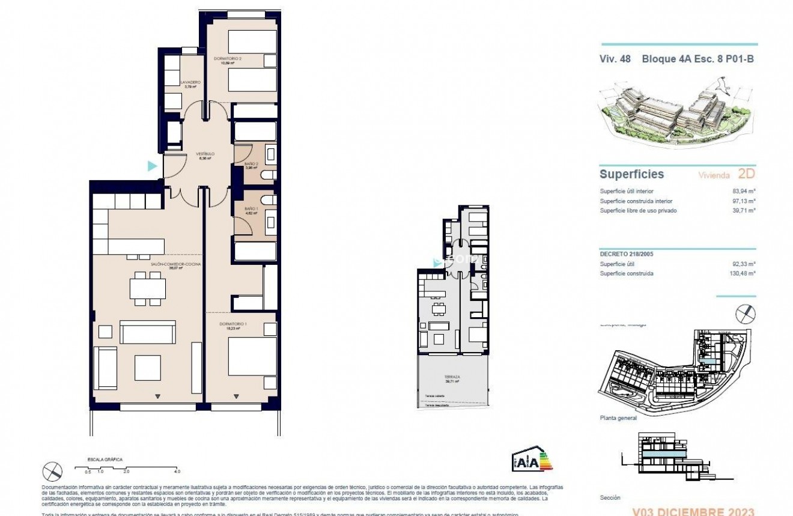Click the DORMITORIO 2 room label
point(228,59)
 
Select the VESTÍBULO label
point(205,154)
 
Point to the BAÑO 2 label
point(251,164)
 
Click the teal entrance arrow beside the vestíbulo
point(153,166)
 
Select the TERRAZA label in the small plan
point(453,377)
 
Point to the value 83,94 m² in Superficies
point(745,191)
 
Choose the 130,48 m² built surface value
point(744,273)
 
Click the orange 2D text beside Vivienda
point(745,174)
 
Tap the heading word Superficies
point(631,174)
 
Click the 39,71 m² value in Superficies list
point(745,211)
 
